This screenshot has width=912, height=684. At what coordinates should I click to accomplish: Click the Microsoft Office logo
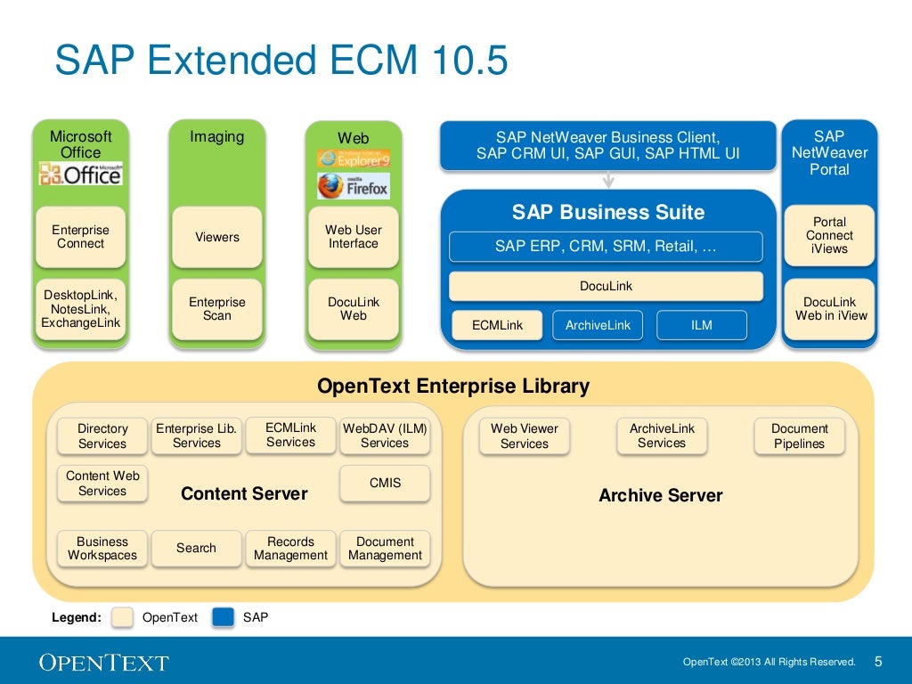(x=80, y=174)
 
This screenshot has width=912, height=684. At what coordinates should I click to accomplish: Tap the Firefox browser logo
(x=354, y=186)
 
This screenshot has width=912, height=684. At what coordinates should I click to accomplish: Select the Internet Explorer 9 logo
(x=354, y=159)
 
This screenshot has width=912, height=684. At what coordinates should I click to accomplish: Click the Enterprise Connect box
(x=80, y=237)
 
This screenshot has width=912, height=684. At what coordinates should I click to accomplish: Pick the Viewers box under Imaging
(x=217, y=237)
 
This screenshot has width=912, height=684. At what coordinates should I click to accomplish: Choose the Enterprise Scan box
(x=217, y=309)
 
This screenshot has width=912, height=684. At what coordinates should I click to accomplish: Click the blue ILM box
(x=702, y=325)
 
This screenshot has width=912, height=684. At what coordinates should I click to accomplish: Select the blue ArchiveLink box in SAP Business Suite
(x=598, y=325)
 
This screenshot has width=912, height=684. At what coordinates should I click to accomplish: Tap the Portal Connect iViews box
(x=829, y=235)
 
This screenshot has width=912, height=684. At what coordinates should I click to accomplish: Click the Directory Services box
(x=102, y=436)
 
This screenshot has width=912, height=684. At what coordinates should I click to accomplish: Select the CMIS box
(x=385, y=484)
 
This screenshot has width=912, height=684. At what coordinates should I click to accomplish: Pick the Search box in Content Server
(x=196, y=549)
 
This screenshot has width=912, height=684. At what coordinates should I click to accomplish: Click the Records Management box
(x=290, y=549)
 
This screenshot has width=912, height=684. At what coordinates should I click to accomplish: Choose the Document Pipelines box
(x=799, y=436)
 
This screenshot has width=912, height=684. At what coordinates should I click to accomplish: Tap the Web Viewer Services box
(x=525, y=436)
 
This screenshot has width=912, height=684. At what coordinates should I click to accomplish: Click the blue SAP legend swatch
(x=223, y=617)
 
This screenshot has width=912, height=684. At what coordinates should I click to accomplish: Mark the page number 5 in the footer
(x=878, y=661)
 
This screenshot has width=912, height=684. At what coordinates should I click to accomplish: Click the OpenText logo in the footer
(x=103, y=662)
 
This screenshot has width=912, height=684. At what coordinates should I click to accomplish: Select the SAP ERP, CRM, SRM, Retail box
(x=606, y=247)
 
